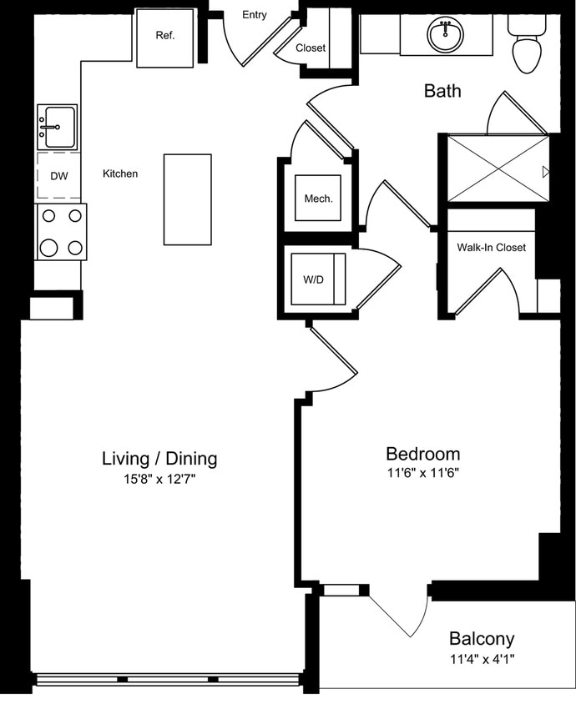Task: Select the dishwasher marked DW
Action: pyautogui.click(x=58, y=176)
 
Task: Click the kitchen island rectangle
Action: pyautogui.click(x=187, y=199)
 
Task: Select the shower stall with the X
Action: pyautogui.click(x=498, y=168)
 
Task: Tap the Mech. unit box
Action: pyautogui.click(x=318, y=199)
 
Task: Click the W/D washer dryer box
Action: pyautogui.click(x=313, y=279)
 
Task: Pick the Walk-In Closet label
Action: pyautogui.click(x=491, y=248)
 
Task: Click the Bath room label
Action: pyautogui.click(x=442, y=91)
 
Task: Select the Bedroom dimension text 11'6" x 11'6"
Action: pyautogui.click(x=422, y=473)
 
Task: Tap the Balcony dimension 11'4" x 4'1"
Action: pyautogui.click(x=482, y=659)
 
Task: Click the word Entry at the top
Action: pyautogui.click(x=255, y=15)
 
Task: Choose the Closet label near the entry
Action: pyautogui.click(x=311, y=48)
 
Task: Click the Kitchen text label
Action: pyautogui.click(x=120, y=174)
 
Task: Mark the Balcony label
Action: pyautogui.click(x=482, y=639)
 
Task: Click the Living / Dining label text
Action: pyautogui.click(x=159, y=458)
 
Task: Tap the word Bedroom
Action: pyautogui.click(x=422, y=454)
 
